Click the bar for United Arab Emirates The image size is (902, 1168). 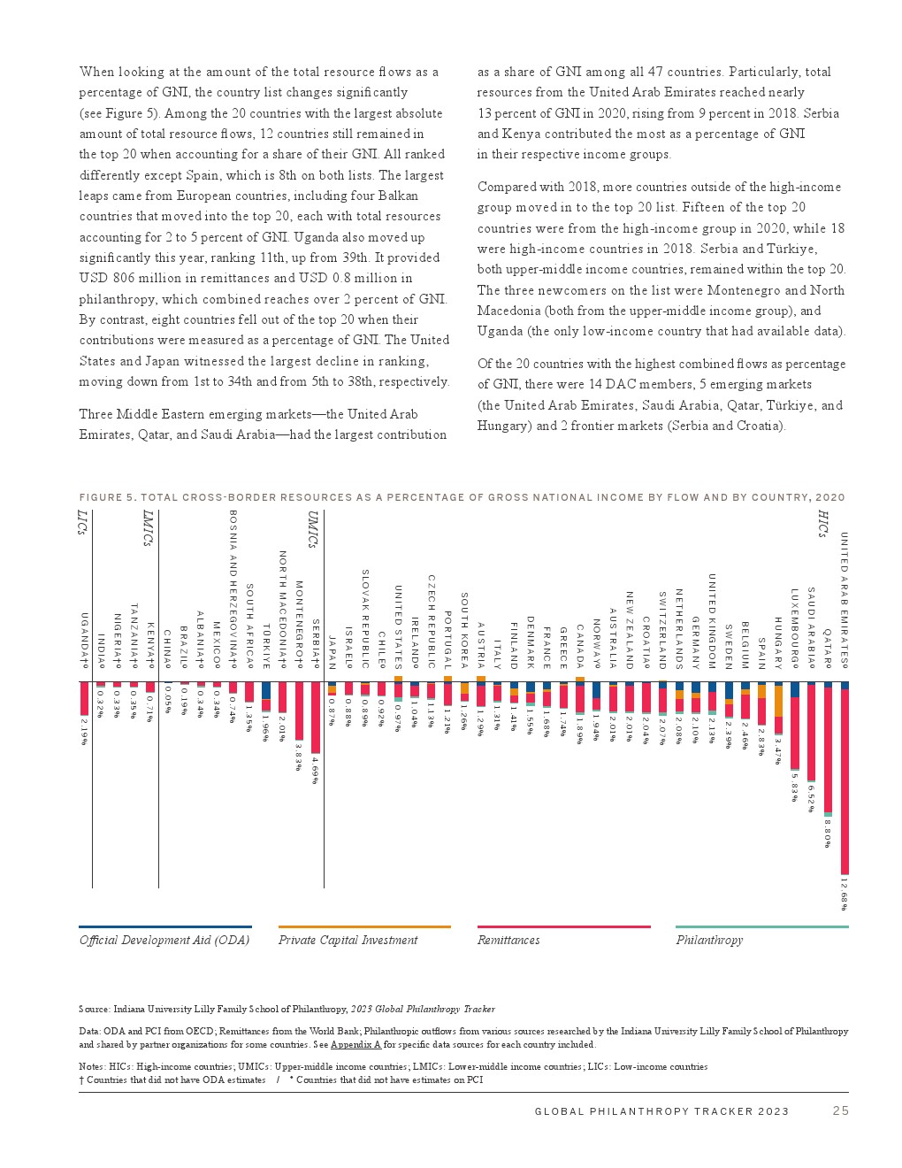pyautogui.click(x=845, y=779)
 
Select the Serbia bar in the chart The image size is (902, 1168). pyautogui.click(x=315, y=717)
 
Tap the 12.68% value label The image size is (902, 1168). pyautogui.click(x=845, y=894)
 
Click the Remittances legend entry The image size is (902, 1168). pyautogui.click(x=508, y=940)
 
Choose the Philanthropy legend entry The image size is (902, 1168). pyautogui.click(x=709, y=940)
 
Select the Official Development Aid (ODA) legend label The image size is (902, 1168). pyautogui.click(x=164, y=940)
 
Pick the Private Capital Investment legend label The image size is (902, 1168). pyautogui.click(x=348, y=940)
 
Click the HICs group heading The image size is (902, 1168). pyautogui.click(x=822, y=524)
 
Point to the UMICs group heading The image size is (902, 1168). pyautogui.click(x=313, y=529)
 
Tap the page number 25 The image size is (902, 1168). pyautogui.click(x=840, y=1110)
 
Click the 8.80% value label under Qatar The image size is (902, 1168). pyautogui.click(x=828, y=833)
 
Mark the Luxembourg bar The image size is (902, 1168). pyautogui.click(x=795, y=726)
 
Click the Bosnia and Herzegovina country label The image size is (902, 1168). pyautogui.click(x=233, y=588)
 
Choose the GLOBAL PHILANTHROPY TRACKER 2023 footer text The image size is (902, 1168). pyautogui.click(x=661, y=1111)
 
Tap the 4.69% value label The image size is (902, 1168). pyautogui.click(x=315, y=769)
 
